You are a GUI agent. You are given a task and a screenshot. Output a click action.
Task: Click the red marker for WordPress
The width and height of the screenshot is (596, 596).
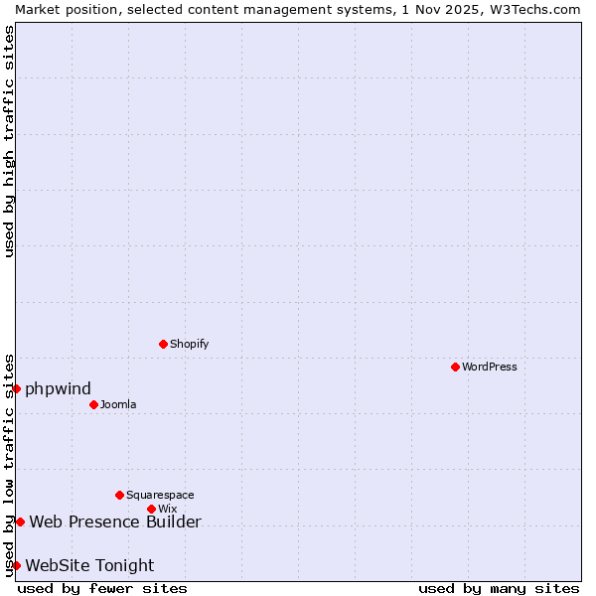coord(455,367)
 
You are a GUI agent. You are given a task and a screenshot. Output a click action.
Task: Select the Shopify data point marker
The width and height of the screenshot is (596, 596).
coord(163,344)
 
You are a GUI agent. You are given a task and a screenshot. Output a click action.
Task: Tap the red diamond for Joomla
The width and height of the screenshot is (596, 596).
coord(93,404)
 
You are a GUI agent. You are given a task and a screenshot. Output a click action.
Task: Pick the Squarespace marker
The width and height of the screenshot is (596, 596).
coord(119,495)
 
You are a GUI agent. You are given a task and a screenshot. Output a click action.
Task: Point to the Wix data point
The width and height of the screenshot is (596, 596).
coord(151,509)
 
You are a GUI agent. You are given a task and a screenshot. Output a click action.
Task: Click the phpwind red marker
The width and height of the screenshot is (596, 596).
coord(17,388)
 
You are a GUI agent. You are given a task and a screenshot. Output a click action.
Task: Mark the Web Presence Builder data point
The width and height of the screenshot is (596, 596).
coord(20,521)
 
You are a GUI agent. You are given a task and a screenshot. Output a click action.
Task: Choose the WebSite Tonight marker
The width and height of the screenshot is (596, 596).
coord(16,565)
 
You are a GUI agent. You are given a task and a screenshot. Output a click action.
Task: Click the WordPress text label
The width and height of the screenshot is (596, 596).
coord(490,367)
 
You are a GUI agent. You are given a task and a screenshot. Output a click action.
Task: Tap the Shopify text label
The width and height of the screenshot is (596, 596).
coord(189,344)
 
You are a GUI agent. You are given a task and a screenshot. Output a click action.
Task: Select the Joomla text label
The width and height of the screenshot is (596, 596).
coord(118,404)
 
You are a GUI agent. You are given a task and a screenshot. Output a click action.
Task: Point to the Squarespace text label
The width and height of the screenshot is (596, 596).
coord(160,495)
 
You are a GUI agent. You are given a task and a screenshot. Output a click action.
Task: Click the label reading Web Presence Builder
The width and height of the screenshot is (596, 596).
coord(115,521)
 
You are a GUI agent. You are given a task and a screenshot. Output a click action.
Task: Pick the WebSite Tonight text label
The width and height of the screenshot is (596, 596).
coord(89,565)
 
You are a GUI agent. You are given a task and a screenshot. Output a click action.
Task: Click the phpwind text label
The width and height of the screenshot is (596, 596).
coord(58,388)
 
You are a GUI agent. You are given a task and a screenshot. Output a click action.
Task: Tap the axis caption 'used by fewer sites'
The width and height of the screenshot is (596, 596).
coord(102,588)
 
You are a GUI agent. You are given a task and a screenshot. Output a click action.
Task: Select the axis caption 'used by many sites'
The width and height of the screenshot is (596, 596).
coord(499,588)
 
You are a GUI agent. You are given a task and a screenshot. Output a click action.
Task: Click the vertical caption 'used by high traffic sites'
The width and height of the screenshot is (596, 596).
coord(9,141)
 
